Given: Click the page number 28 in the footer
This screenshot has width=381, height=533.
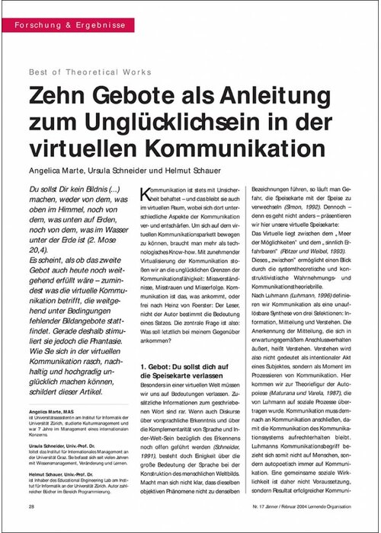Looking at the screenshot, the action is point(31,505).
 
